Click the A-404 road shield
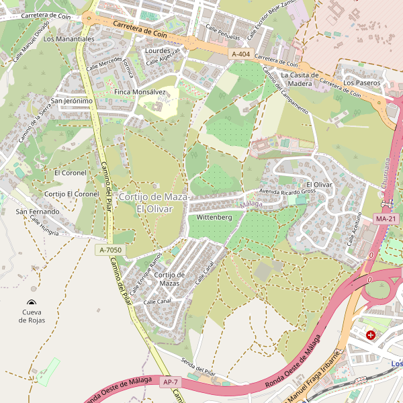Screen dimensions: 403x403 (240, 54)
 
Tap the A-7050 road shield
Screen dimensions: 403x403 (111, 250)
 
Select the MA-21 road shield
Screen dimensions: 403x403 (386, 219)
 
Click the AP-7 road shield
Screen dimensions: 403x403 (170, 382)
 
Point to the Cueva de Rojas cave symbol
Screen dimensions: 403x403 (32, 303)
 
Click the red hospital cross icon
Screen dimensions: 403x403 (370, 334)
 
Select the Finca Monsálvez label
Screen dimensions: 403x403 (140, 92)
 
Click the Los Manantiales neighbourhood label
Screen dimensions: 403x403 (69, 39)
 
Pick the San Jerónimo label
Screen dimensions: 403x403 (72, 101)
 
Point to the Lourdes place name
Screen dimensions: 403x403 (158, 50)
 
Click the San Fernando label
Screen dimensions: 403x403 (38, 212)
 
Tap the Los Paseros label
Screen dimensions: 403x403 (362, 83)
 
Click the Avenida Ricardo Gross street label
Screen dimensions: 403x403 (287, 191)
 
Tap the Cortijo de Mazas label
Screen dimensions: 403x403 (169, 279)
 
